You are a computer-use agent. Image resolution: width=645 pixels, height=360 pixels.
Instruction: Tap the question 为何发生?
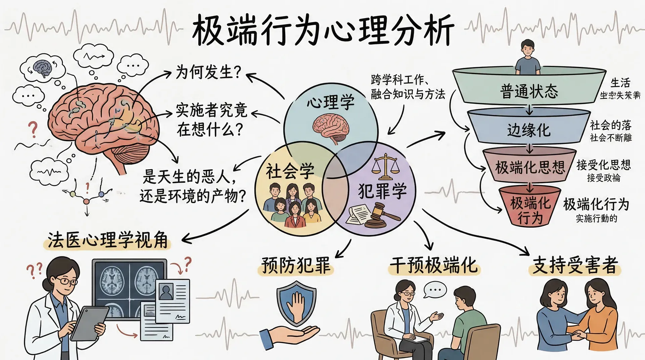208,72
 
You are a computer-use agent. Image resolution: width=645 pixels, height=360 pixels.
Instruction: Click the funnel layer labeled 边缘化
529,130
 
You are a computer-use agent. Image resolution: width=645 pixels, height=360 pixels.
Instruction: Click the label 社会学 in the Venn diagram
290,171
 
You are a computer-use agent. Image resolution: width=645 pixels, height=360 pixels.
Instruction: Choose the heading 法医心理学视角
107,240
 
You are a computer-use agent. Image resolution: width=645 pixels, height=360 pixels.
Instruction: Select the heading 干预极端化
433,265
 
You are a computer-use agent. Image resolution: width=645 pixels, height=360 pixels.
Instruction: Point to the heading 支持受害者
575,265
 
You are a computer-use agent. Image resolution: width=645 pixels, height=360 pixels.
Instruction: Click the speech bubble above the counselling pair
435,289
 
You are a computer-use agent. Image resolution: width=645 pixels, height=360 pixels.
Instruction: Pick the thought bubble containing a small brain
42,69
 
